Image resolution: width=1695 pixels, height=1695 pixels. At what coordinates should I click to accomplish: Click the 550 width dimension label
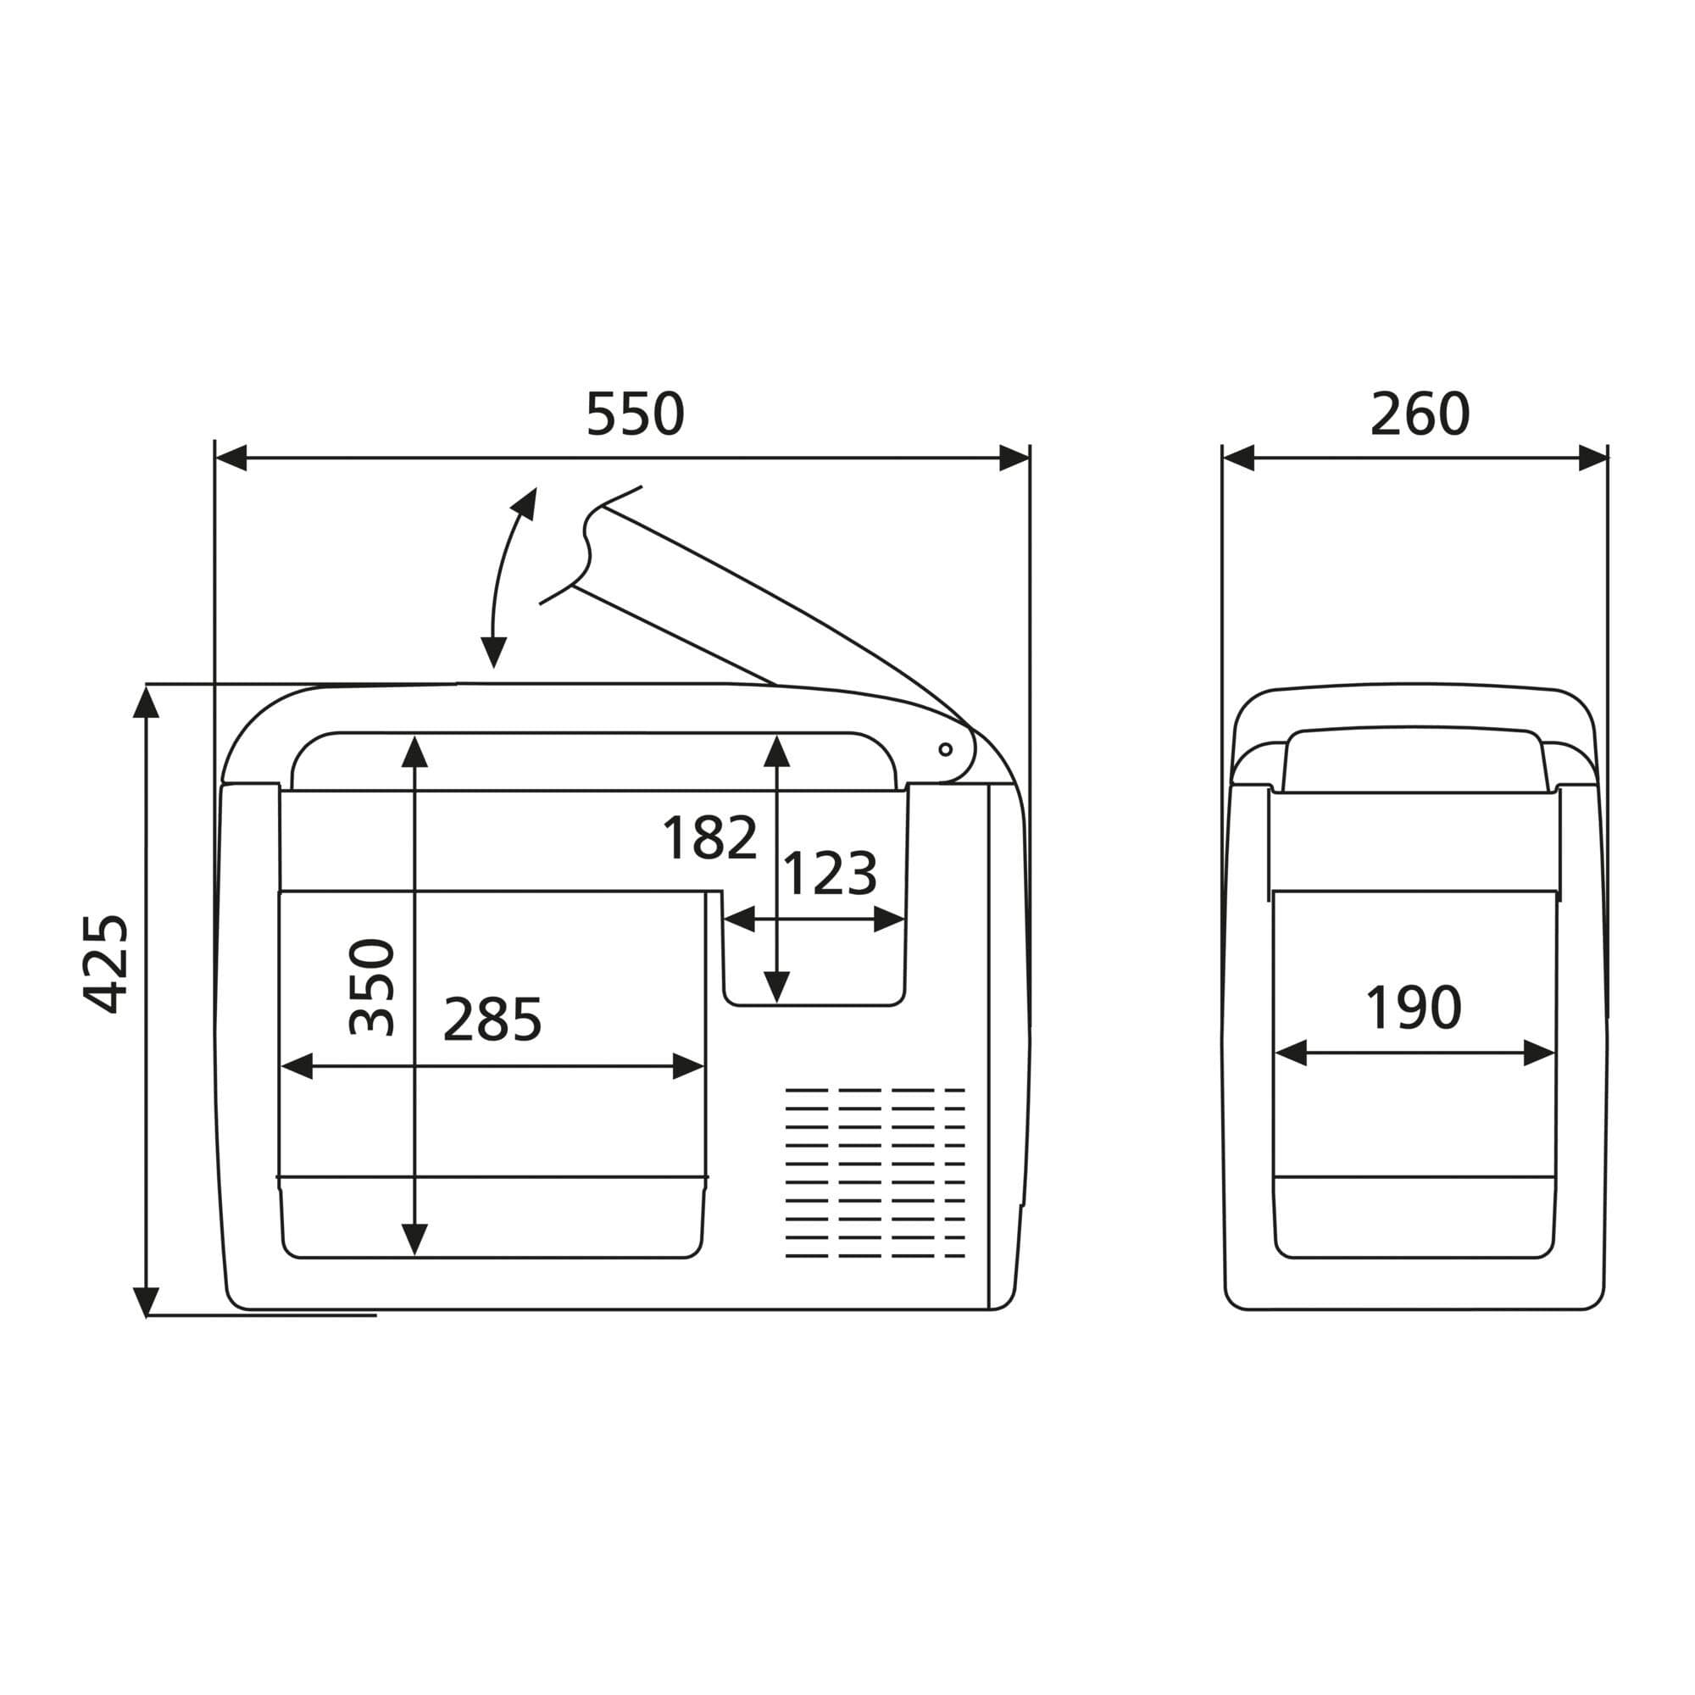click(634, 414)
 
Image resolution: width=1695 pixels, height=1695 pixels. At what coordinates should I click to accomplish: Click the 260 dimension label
click(1420, 414)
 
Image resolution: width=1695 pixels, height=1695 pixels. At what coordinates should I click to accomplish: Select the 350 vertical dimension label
click(372, 987)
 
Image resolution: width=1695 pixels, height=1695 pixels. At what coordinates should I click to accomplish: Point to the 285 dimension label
click(492, 1020)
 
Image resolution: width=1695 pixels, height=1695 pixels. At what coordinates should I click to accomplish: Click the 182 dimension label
click(709, 838)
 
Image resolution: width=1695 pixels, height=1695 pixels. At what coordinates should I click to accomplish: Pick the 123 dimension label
click(829, 874)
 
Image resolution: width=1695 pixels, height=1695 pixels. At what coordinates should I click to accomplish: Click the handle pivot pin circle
click(946, 749)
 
